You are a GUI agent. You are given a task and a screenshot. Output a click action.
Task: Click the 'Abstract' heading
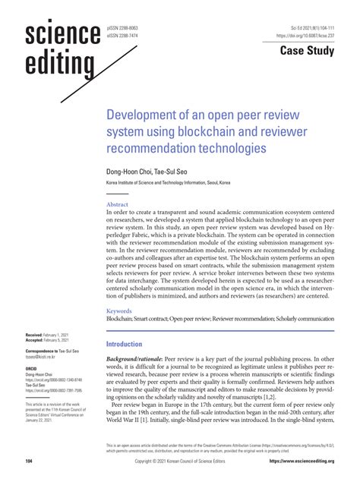pyautogui.click(x=118, y=205)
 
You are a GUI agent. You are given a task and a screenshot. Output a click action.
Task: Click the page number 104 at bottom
pyautogui.click(x=28, y=461)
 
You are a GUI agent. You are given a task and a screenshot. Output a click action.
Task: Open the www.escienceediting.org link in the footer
pyautogui.click(x=306, y=461)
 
